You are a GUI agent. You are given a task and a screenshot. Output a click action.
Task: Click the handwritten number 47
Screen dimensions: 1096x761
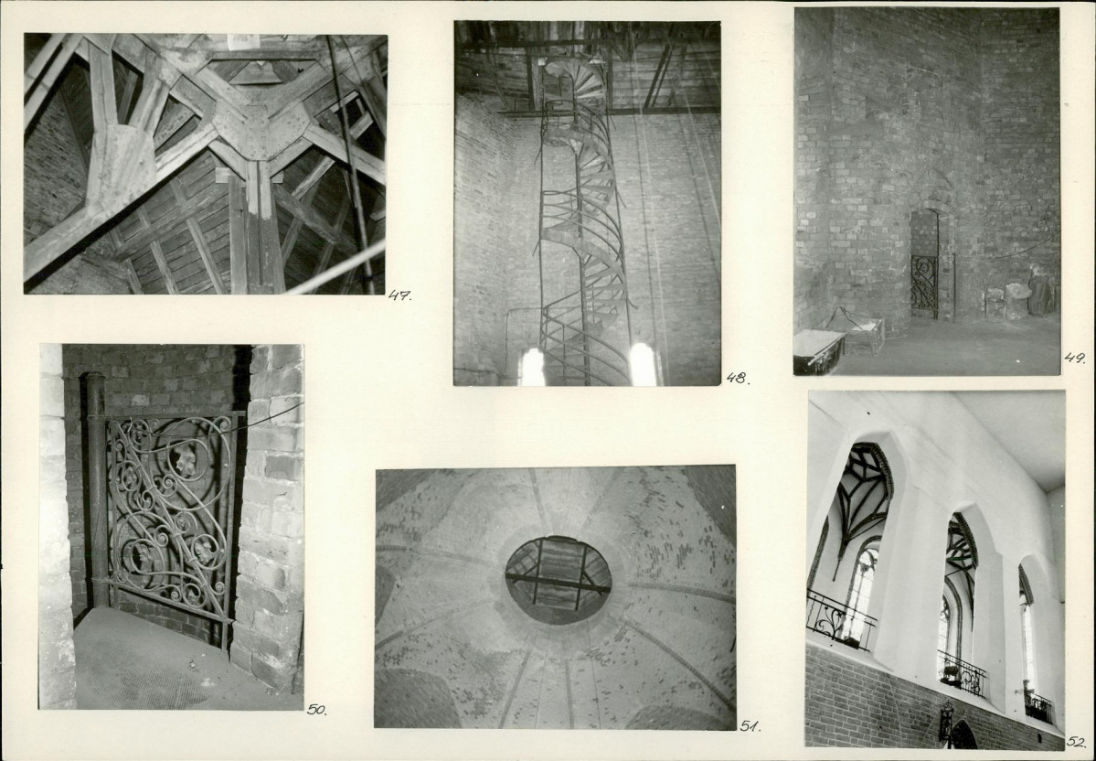(x=399, y=295)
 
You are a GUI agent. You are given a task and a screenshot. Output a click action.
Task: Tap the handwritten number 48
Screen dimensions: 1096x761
(x=737, y=379)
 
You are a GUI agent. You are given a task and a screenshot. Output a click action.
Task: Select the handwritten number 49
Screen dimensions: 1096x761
(x=1075, y=359)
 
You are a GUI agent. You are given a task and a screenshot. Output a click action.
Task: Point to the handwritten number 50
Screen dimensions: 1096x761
(x=316, y=709)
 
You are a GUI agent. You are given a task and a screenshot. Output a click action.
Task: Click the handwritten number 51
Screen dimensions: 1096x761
(x=750, y=726)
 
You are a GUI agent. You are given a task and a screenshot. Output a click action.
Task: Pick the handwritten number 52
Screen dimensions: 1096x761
(x=1077, y=742)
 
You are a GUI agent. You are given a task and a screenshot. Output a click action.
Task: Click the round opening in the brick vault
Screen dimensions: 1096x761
(x=559, y=580)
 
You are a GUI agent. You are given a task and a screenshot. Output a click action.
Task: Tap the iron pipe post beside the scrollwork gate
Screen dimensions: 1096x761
(x=97, y=489)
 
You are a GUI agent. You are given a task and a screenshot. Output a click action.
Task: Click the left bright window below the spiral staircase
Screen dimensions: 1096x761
(x=532, y=367)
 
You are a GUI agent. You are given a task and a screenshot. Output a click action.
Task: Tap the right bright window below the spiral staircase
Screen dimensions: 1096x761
(x=643, y=364)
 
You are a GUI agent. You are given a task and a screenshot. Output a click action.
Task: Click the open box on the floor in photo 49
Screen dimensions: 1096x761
(x=856, y=330)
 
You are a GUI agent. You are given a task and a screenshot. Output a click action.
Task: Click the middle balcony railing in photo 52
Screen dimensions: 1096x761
(x=961, y=673)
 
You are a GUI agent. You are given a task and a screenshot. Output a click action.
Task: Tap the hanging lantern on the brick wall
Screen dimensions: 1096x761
(x=946, y=721)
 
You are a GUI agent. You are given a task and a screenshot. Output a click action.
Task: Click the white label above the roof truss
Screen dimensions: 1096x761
(x=243, y=41)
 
